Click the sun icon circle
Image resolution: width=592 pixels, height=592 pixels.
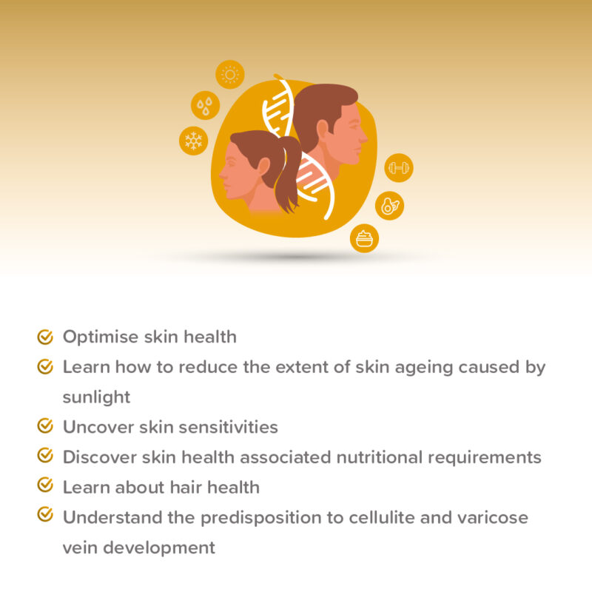(x=230, y=75)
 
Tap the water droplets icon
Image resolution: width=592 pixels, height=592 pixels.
(x=205, y=106)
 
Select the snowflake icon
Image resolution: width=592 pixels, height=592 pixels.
(x=194, y=140)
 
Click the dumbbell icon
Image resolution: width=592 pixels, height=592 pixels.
(x=399, y=168)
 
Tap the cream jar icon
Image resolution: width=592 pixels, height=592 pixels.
(x=364, y=238)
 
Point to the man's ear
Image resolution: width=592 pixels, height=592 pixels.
(x=323, y=130)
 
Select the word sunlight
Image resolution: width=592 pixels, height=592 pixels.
(x=96, y=397)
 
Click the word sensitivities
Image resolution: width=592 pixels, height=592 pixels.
(x=229, y=427)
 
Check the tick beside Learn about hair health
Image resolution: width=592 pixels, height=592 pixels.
(x=45, y=485)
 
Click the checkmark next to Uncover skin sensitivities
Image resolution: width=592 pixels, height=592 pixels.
(x=45, y=425)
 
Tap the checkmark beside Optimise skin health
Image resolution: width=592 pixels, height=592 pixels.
(x=45, y=337)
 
